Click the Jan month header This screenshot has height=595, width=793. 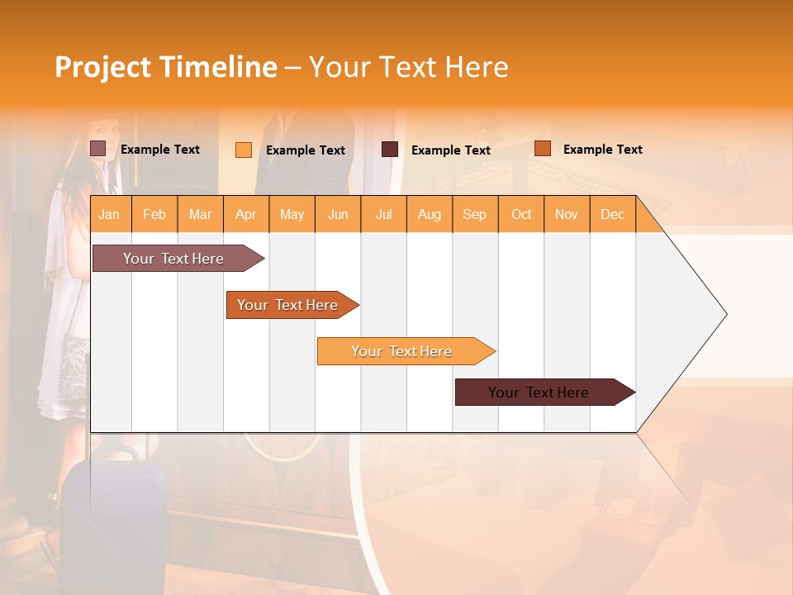[109, 214]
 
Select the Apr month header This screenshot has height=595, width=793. [245, 214]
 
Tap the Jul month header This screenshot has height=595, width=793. [383, 214]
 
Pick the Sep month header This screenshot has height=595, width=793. [474, 214]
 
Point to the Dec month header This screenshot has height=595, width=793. [612, 214]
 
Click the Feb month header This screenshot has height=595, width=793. [154, 214]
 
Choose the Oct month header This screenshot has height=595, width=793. [521, 214]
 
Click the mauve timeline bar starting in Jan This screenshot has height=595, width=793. [173, 259]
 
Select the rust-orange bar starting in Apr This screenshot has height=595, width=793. [287, 305]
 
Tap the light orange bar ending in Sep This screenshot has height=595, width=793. [401, 351]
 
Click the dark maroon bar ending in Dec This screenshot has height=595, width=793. [539, 393]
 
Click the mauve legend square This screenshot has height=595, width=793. [97, 149]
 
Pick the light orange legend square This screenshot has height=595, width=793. [243, 150]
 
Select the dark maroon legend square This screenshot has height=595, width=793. [390, 150]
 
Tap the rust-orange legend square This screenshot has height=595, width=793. [542, 149]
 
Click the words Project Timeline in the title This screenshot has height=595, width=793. [166, 67]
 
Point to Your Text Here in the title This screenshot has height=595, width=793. [408, 67]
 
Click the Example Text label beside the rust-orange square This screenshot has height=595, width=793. [602, 150]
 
